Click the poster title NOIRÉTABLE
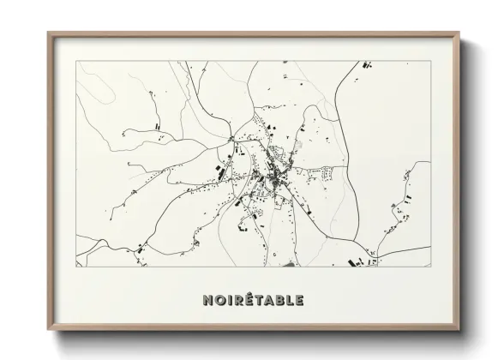point(253,301)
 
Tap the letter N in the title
point(207,301)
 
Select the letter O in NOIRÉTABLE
point(219,301)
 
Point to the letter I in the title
point(228,301)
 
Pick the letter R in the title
point(237,301)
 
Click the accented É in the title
point(248,300)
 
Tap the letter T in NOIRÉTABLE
point(258,301)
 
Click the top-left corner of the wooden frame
point(48,33)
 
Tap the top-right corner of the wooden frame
point(460,33)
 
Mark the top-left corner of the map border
point(75,61)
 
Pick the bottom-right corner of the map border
point(431,266)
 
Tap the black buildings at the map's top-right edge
point(368,64)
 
